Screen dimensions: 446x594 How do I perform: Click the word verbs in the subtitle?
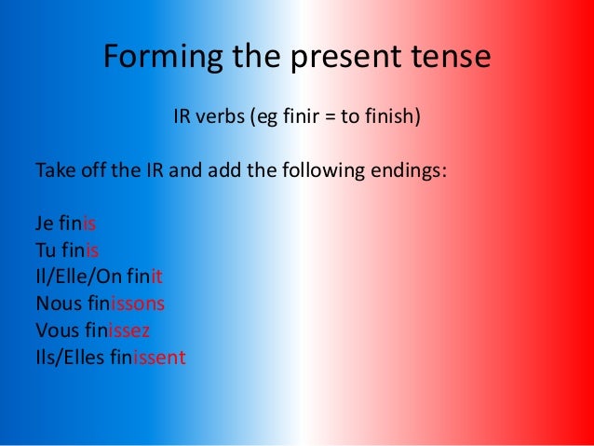click(217, 118)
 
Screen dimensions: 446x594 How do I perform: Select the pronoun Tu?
click(46, 250)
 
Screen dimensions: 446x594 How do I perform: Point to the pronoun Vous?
click(56, 330)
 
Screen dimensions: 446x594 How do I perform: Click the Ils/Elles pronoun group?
click(68, 356)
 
